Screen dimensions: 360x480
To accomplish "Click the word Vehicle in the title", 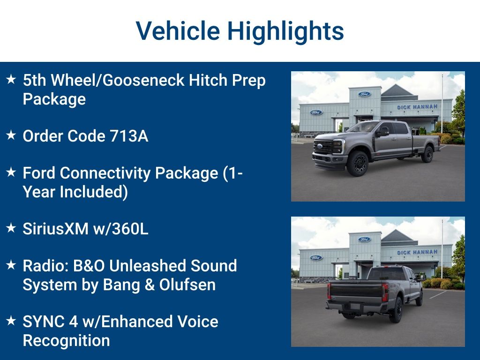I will [x=178, y=31].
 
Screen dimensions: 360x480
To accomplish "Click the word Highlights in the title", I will [x=285, y=31].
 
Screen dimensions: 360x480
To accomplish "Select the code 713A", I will [x=128, y=136].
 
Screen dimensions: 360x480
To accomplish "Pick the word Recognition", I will [x=66, y=340].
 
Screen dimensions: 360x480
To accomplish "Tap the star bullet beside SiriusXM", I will [x=11, y=228].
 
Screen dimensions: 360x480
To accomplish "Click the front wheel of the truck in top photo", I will [x=358, y=163].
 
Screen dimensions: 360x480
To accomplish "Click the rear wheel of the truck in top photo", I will [x=427, y=154].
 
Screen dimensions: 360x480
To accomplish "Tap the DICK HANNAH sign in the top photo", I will [x=417, y=107].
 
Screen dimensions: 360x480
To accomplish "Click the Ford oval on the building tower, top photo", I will [x=364, y=94].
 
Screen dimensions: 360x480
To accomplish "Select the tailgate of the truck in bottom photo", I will [x=356, y=291].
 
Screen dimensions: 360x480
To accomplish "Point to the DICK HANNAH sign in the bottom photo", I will [x=417, y=252].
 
